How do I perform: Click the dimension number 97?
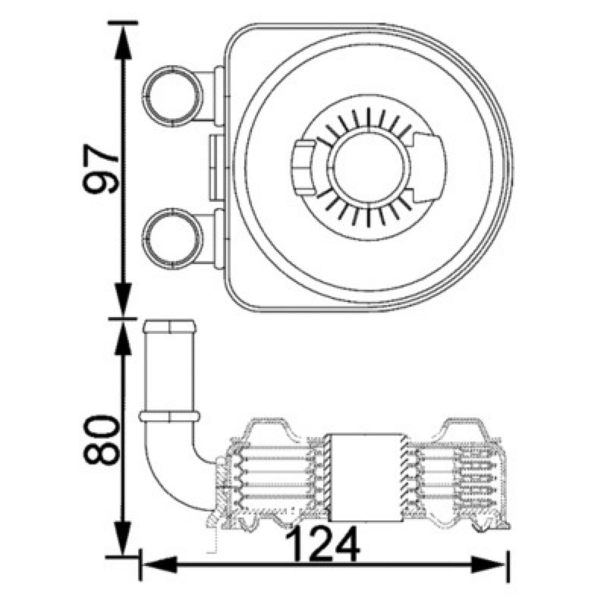click(x=100, y=168)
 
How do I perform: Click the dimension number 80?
click(x=100, y=440)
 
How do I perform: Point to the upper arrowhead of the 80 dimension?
click(x=123, y=337)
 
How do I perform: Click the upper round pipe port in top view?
click(x=173, y=96)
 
